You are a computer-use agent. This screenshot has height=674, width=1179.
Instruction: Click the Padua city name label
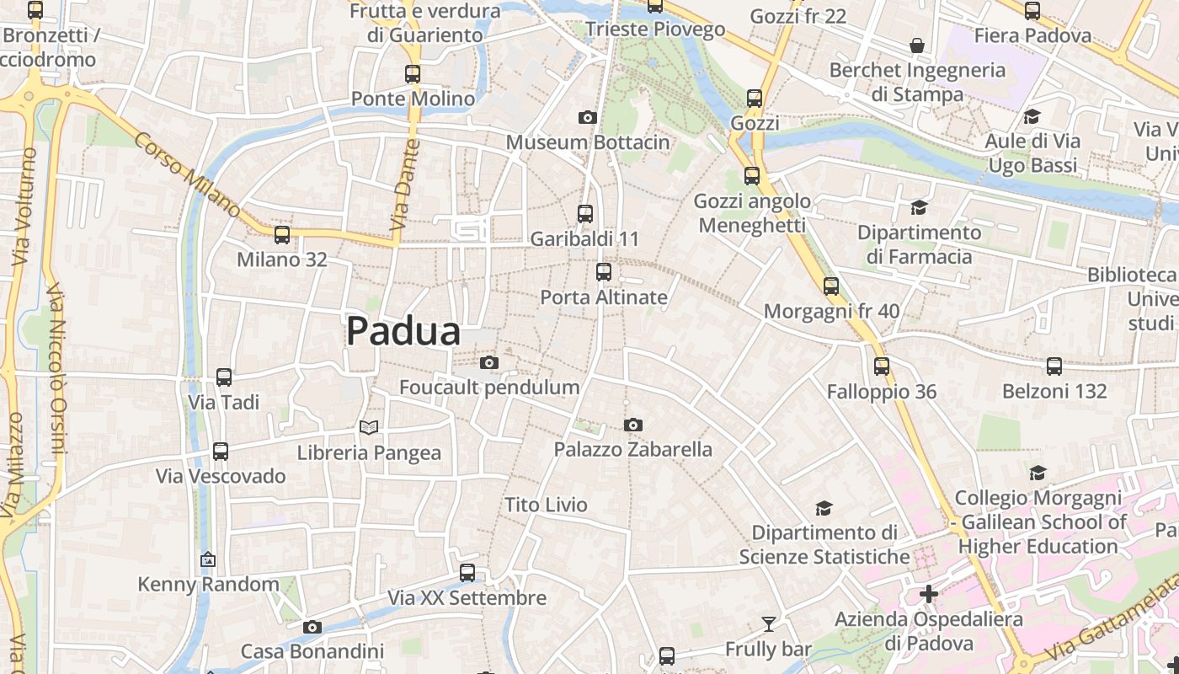403,331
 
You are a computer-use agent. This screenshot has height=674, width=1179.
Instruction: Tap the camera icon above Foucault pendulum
488,363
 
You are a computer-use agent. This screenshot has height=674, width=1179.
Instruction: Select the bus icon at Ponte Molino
413,74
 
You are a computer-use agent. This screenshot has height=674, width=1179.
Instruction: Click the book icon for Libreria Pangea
369,428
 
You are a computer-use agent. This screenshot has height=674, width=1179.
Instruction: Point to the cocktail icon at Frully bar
768,624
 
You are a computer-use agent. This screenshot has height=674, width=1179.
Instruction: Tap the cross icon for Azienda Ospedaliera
929,594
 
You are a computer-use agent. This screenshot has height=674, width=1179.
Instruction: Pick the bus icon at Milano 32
282,235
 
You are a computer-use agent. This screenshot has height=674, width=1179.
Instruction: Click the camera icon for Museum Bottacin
588,118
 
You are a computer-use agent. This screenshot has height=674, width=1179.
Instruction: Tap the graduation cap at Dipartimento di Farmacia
919,207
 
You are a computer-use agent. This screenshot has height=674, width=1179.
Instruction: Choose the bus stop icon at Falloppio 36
882,366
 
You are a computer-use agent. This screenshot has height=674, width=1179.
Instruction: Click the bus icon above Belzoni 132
1054,366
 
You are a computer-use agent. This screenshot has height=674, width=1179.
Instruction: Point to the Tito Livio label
546,505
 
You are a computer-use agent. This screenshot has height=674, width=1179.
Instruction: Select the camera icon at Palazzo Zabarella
633,425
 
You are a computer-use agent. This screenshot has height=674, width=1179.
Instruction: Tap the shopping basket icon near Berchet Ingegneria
917,45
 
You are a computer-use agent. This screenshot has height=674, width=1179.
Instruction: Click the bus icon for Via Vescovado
221,452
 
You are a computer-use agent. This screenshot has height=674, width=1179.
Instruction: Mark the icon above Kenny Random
208,559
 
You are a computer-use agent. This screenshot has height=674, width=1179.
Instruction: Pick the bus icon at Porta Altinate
604,272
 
